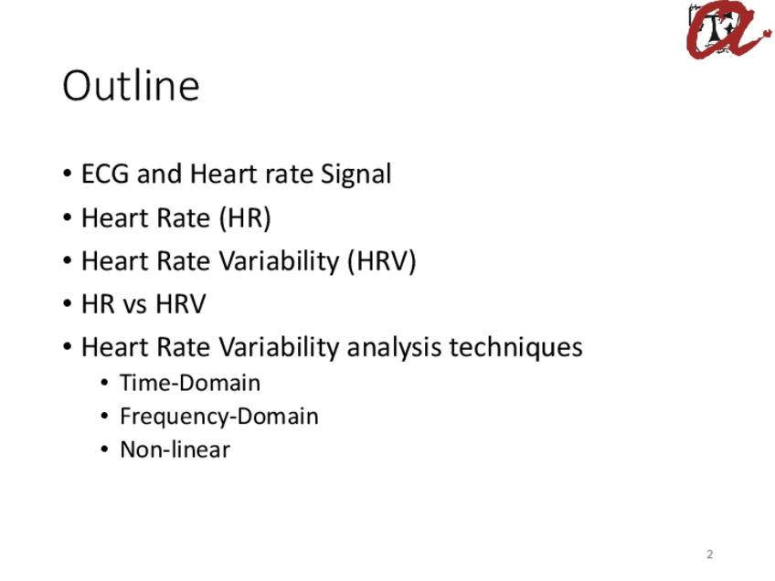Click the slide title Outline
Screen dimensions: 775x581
coord(131,86)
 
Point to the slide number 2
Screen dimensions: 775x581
coord(710,555)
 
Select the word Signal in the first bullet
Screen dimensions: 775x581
coord(356,174)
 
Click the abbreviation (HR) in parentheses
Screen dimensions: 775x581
coord(245,217)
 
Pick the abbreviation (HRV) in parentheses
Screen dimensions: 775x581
coord(382,261)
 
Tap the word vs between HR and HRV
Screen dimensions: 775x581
coord(134,304)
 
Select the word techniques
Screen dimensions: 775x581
coord(516,347)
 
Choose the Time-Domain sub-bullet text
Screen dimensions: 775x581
coord(190,383)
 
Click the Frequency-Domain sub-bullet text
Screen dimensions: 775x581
coord(219,417)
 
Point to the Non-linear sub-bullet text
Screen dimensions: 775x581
coord(175,449)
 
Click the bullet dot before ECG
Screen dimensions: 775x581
coord(68,174)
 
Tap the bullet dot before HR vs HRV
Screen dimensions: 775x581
coord(68,304)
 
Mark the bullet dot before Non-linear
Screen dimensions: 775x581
coord(104,449)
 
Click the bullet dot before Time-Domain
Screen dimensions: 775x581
coord(104,383)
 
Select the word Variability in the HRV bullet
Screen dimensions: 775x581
coord(279,261)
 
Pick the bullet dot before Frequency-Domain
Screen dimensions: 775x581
coord(104,417)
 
